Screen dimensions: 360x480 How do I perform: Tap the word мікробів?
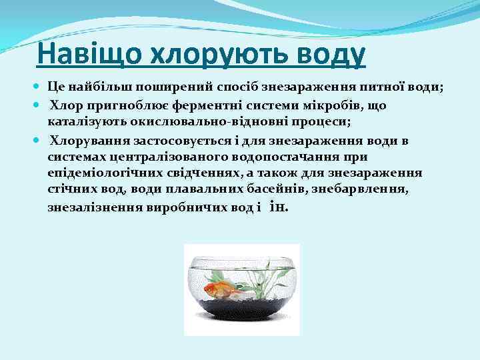(329, 106)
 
